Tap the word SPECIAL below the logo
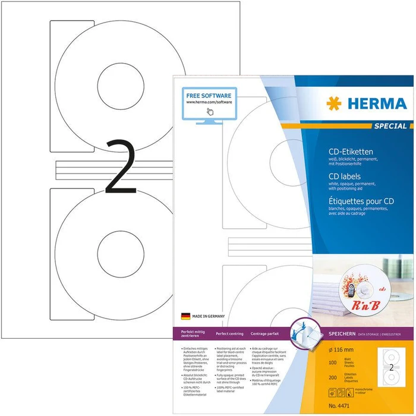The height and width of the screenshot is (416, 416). [390, 126]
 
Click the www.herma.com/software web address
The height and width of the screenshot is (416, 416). [209, 102]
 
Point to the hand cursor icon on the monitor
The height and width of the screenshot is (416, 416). [209, 111]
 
